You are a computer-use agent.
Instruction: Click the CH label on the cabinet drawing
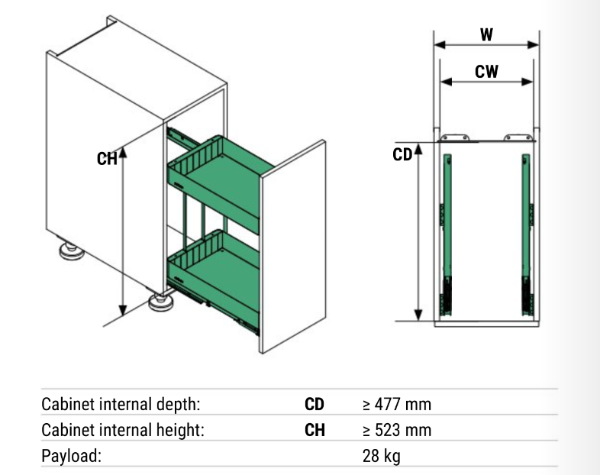pyautogui.click(x=107, y=159)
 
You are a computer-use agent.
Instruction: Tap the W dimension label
pyautogui.click(x=486, y=35)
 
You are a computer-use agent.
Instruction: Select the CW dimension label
pyautogui.click(x=486, y=72)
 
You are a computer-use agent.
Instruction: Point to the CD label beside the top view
pyautogui.click(x=402, y=154)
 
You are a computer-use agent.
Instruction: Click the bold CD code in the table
pyautogui.click(x=315, y=404)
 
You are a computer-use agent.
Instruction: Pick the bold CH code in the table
pyautogui.click(x=315, y=430)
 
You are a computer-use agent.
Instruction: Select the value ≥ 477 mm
pyautogui.click(x=397, y=404)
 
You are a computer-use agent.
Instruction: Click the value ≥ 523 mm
pyautogui.click(x=397, y=430)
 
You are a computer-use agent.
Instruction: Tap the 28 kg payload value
pyautogui.click(x=382, y=456)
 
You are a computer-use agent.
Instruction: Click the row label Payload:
pyautogui.click(x=71, y=456)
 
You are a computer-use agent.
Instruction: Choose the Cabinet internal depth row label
pyautogui.click(x=121, y=404)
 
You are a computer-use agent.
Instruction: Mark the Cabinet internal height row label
pyautogui.click(x=123, y=430)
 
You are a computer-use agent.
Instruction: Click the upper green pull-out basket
pyautogui.click(x=220, y=182)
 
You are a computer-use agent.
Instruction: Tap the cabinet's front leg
pyautogui.click(x=161, y=302)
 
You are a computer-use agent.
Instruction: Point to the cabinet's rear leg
pyautogui.click(x=72, y=250)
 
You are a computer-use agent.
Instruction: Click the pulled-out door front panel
pyautogui.click(x=292, y=246)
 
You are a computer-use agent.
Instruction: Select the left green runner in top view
pyautogui.click(x=447, y=234)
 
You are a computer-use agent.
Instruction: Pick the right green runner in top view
pyautogui.click(x=527, y=234)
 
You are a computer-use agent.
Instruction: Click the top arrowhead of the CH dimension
pyautogui.click(x=122, y=152)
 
